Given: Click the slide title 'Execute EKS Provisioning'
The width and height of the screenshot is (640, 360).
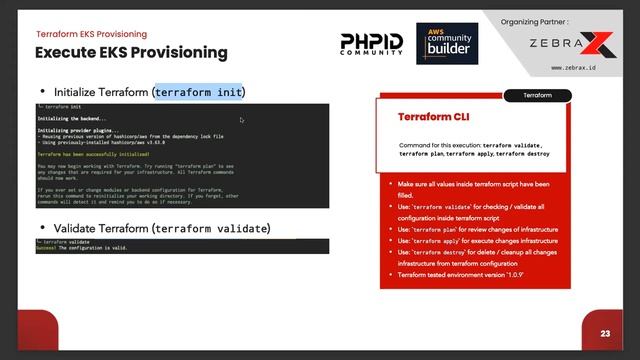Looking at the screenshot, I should [132, 52].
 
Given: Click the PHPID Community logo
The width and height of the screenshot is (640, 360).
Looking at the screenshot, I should [372, 43].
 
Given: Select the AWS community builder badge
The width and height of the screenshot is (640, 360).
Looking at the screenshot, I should [447, 43].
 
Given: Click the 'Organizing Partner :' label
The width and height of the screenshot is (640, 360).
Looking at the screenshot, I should [540, 21].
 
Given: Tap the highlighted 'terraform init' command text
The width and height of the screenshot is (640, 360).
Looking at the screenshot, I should [199, 92].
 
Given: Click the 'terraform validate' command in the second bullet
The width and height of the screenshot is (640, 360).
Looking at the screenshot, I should [210, 228].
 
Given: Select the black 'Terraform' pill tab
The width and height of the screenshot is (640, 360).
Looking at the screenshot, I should [538, 96].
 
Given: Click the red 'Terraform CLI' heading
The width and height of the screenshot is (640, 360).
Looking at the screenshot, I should [433, 117].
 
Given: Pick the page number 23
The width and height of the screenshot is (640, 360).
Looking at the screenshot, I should [605, 333].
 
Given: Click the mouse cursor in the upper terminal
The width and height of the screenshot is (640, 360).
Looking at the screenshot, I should [242, 120].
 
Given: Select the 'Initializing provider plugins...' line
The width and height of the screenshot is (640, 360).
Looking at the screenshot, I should [79, 130].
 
